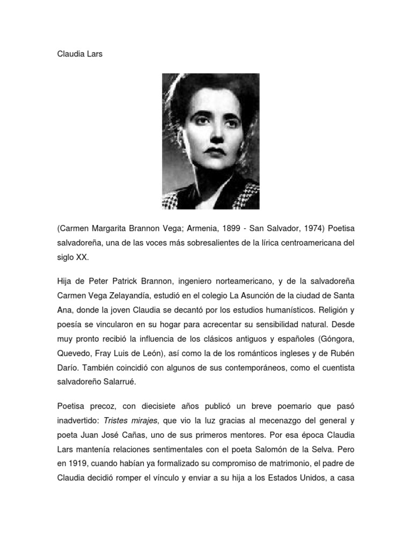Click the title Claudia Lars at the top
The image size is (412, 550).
click(x=79, y=54)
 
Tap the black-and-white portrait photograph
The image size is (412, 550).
click(x=211, y=141)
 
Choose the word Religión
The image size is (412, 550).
click(x=336, y=310)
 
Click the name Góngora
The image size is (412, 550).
click(x=337, y=338)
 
